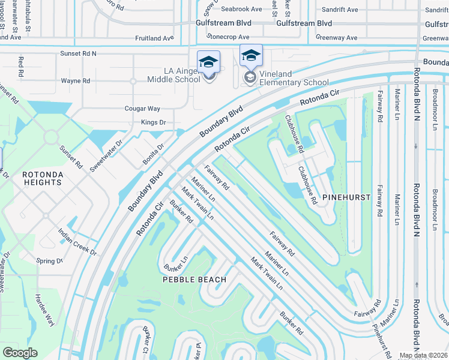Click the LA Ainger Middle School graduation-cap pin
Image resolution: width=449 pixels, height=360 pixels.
(209, 62)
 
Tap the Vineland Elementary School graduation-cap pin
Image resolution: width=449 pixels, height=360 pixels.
(251, 56)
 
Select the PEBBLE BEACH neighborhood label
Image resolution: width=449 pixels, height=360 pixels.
(194, 280)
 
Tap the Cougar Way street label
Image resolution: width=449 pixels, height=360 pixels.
(142, 109)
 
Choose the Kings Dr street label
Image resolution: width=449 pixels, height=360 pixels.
(153, 122)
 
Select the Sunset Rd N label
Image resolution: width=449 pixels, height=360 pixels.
(78, 53)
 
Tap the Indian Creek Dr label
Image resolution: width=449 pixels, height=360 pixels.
(77, 241)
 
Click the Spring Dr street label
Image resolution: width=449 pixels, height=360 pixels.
(50, 261)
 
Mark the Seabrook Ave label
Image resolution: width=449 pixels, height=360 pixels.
(241, 9)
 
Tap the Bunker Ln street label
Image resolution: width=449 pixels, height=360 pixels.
(177, 262)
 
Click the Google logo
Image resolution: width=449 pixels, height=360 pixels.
(20, 353)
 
